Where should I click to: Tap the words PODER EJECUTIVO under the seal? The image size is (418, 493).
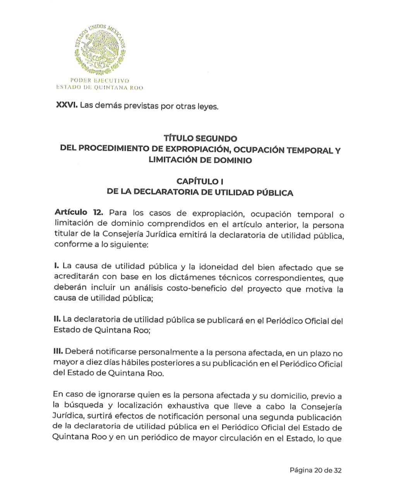pos(99,81)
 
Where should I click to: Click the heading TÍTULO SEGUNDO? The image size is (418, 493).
pos(200,138)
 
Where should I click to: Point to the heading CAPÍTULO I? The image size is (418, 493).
pos(200,181)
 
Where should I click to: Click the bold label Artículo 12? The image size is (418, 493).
pos(79,213)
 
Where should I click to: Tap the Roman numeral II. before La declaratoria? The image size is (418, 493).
pos(57,319)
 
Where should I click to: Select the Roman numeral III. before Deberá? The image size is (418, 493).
pos(58,352)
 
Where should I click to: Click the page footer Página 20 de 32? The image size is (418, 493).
pos(315,470)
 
